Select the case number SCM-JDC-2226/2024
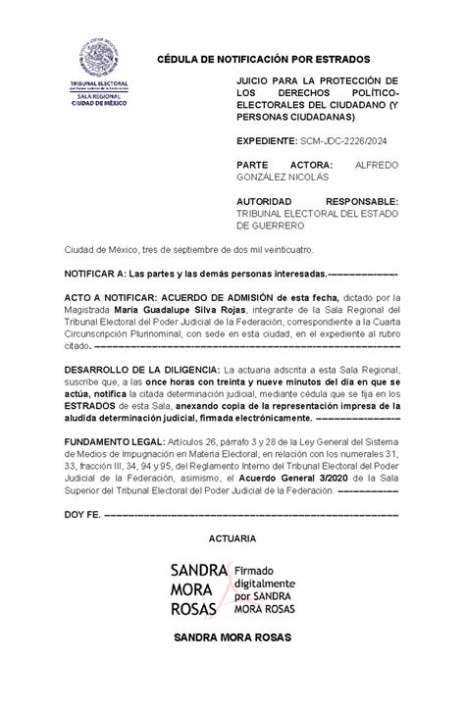(x=339, y=141)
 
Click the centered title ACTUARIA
(x=232, y=538)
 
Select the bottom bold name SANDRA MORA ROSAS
(x=232, y=636)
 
